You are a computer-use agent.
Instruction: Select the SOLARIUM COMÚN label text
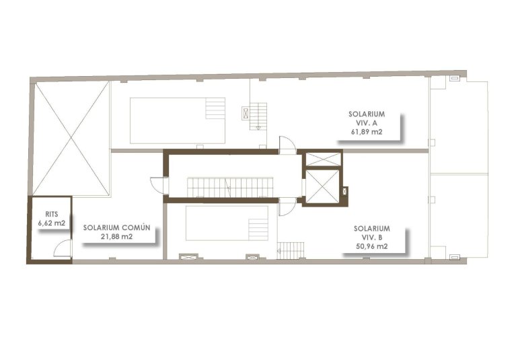116,227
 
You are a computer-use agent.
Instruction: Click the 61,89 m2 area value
366,133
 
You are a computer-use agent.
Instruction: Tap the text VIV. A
366,123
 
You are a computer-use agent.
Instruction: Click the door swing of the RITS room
62,248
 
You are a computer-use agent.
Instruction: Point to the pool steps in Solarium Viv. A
215,108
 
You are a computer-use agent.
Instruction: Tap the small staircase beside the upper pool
258,116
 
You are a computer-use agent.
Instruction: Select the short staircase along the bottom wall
291,251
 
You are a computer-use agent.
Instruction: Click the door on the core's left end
157,186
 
